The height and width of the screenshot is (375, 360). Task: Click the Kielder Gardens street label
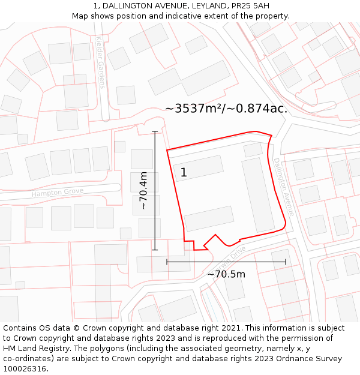tap(100, 62)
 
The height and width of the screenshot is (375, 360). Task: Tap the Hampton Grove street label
tap(58, 193)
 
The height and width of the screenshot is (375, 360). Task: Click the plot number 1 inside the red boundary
tap(184, 173)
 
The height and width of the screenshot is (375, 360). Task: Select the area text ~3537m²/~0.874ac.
tap(226, 109)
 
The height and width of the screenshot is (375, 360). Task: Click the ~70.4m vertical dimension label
tap(143, 190)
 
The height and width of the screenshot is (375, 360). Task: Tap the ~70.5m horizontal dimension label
tap(226, 274)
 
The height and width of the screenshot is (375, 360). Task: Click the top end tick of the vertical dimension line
tap(155, 131)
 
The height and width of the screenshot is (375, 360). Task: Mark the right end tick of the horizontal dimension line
tap(286, 262)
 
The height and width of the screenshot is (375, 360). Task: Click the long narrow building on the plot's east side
tap(258, 195)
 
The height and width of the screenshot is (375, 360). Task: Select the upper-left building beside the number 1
tap(197, 169)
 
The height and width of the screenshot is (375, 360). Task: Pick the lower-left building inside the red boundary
tap(209, 218)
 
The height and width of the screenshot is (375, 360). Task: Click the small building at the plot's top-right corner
tap(253, 149)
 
